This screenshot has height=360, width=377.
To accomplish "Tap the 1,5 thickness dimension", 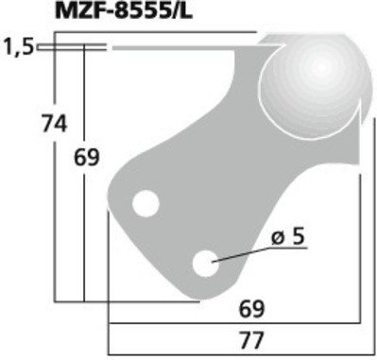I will point(18,45).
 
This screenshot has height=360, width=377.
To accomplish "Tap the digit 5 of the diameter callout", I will point(300,240).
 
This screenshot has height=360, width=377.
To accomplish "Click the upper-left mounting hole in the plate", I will point(146,203).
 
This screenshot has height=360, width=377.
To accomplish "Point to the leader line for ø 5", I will point(241,252).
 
